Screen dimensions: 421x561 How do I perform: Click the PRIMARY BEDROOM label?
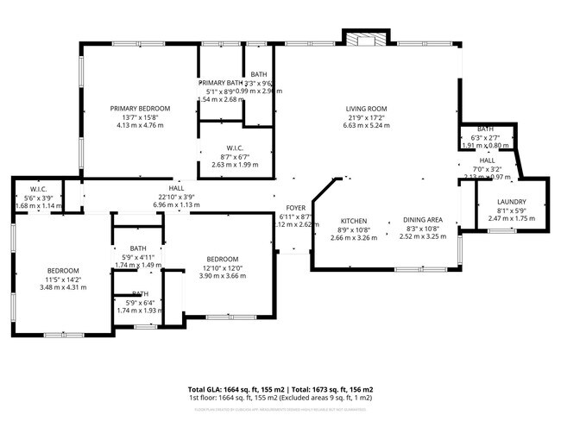click(140, 108)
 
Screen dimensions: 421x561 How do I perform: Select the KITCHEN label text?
click(354, 220)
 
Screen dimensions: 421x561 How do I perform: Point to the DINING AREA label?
click(423, 220)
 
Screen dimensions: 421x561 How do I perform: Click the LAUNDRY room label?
click(512, 202)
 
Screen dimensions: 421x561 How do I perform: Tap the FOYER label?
click(296, 208)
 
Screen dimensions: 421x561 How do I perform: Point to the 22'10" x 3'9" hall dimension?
click(176, 197)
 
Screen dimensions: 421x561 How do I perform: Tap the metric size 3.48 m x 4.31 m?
click(63, 286)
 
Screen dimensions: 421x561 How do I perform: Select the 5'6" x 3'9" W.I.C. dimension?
click(39, 198)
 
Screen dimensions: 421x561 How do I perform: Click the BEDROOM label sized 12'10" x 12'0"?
click(223, 259)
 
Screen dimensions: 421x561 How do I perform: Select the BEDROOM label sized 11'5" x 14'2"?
click(63, 270)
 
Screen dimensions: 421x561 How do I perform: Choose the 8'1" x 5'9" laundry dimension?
click(512, 210)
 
